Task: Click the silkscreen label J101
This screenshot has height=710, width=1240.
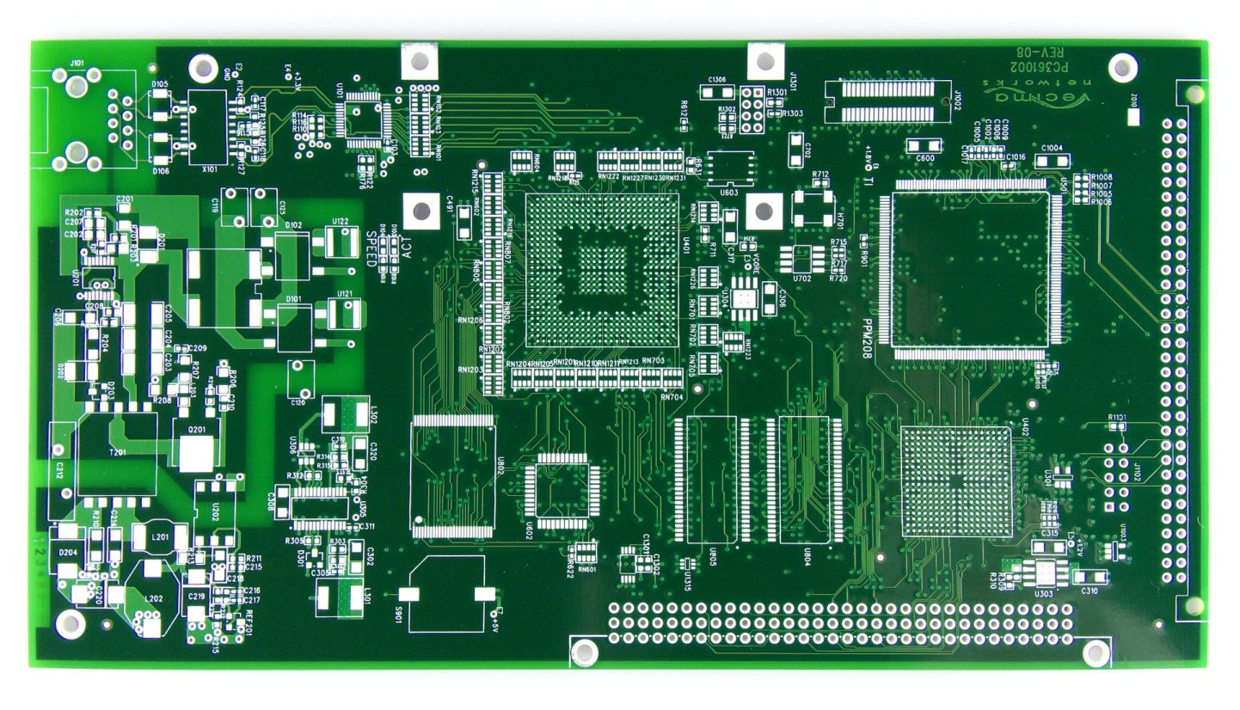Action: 77,62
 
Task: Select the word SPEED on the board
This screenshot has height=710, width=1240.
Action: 372,250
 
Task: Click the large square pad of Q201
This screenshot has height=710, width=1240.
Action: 195,452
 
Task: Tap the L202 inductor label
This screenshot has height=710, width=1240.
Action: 154,598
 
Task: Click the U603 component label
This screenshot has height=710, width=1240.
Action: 728,193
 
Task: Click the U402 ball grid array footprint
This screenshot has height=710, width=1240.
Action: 956,481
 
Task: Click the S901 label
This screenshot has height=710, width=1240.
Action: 397,616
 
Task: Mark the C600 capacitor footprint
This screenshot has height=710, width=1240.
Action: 924,145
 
